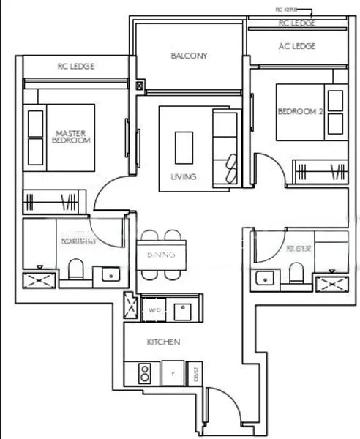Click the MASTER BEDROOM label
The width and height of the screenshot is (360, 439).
click(72, 137)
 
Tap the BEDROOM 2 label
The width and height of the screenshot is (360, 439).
click(300, 111)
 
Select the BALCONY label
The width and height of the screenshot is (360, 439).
click(189, 56)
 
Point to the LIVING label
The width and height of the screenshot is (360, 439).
click(184, 176)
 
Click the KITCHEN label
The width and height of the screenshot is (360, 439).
click(164, 342)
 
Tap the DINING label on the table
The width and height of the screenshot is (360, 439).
click(160, 255)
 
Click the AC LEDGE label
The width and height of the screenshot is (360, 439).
click(297, 46)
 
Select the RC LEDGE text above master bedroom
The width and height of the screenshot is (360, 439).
click(75, 67)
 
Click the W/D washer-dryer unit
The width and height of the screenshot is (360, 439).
click(155, 309)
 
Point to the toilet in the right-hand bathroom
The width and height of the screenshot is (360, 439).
click(296, 272)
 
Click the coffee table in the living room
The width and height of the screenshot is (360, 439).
click(184, 146)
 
